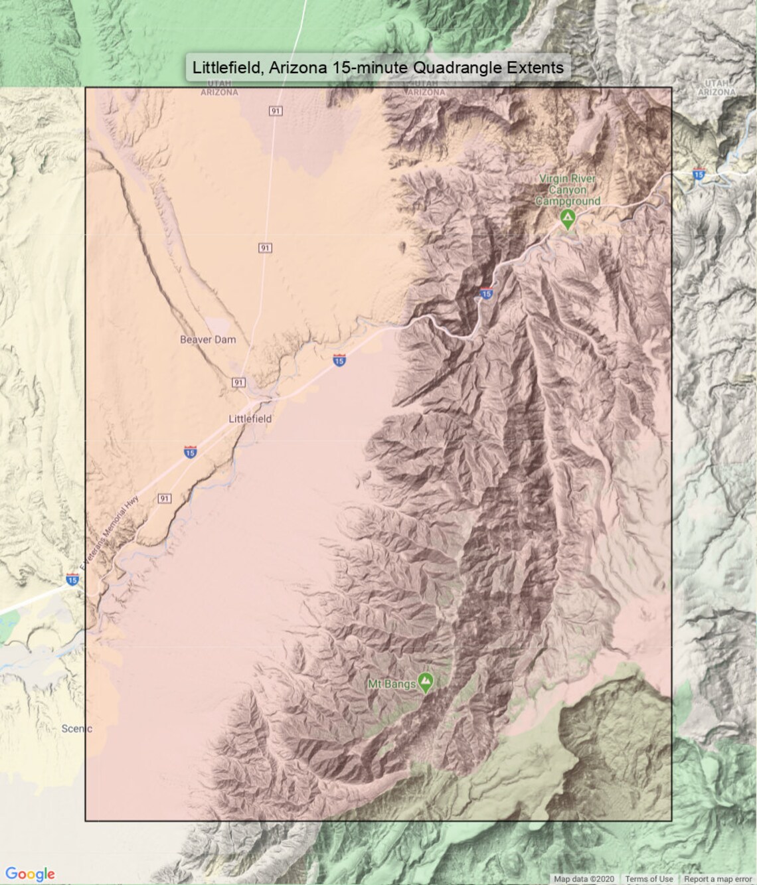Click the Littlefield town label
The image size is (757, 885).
[250, 419]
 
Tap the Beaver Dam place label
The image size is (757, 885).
[208, 339]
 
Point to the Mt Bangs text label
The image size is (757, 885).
[392, 683]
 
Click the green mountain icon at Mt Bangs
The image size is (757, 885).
[426, 681]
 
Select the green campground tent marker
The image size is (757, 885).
[567, 218]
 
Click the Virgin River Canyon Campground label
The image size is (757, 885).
[568, 190]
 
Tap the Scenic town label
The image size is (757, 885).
[76, 728]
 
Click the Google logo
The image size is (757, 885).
[30, 874]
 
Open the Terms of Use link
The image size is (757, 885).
[649, 879]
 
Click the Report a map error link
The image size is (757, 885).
[718, 879]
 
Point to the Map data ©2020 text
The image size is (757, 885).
[584, 879]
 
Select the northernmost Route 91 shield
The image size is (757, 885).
[276, 111]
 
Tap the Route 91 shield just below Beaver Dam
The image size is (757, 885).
[238, 382]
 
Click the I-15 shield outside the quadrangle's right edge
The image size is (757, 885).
[698, 175]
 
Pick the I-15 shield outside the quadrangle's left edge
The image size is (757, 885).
[72, 580]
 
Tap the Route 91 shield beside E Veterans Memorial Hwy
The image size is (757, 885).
[164, 499]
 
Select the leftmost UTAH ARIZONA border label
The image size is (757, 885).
[219, 88]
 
